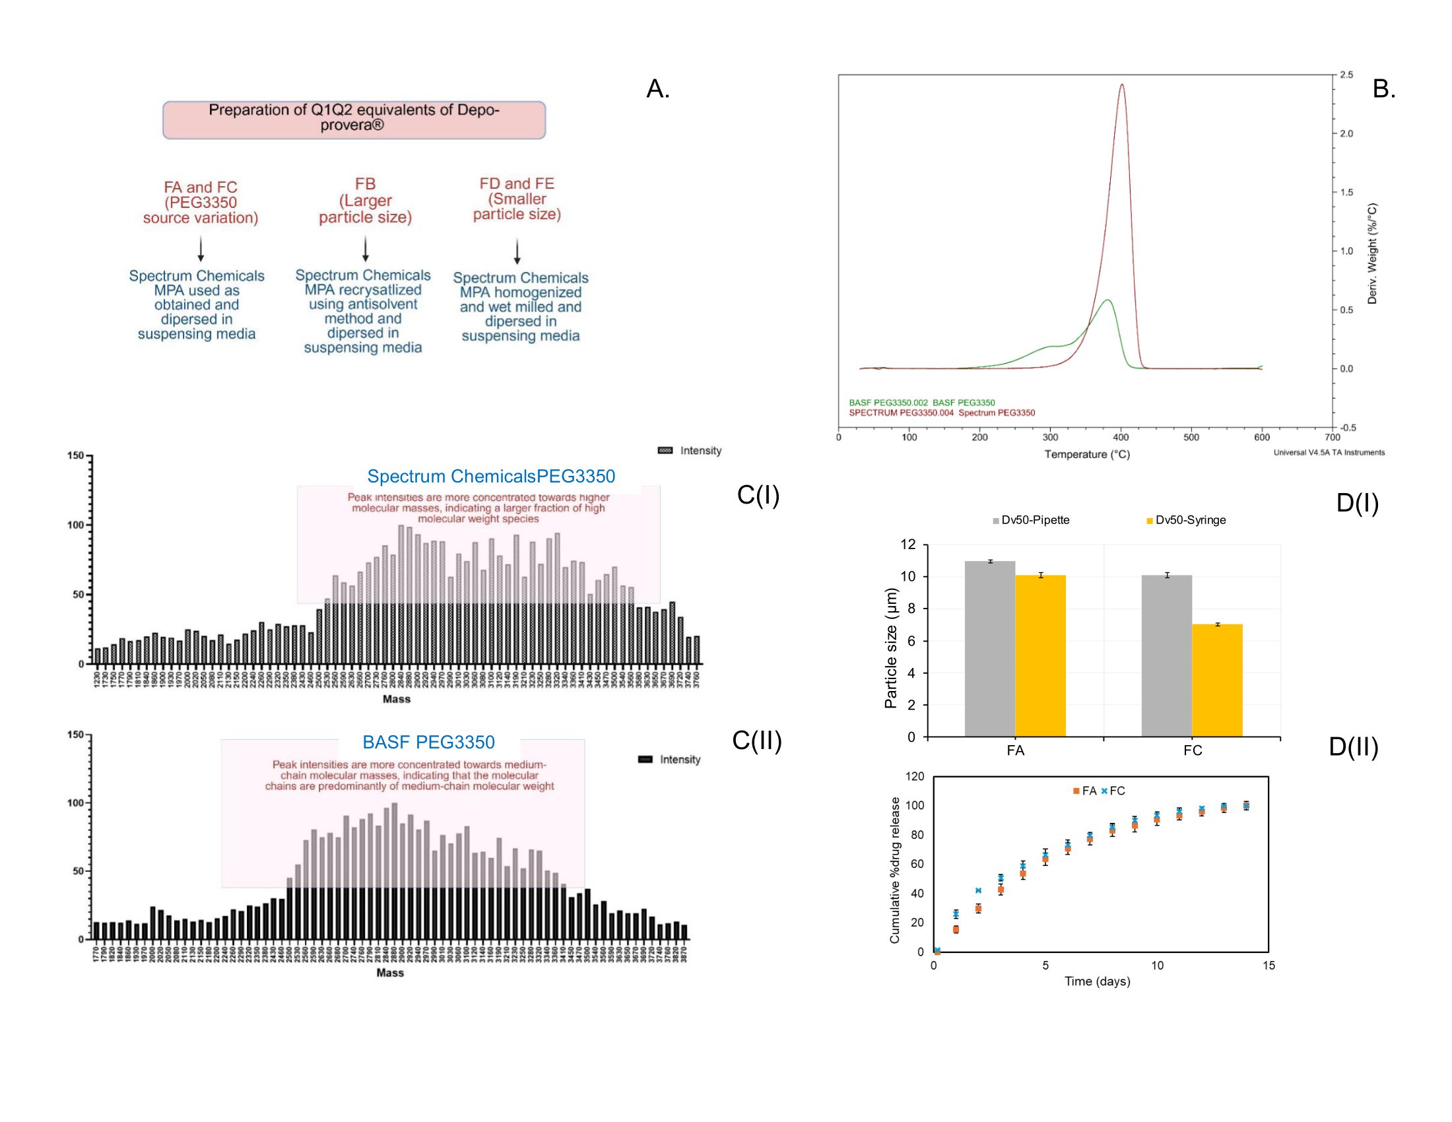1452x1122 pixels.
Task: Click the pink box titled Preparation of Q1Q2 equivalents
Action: (354, 119)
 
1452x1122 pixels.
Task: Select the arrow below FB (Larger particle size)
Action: (365, 249)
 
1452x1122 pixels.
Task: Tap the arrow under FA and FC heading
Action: (200, 249)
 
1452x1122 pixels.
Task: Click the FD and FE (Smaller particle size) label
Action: (517, 199)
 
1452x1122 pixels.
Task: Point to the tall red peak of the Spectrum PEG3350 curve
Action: (1122, 86)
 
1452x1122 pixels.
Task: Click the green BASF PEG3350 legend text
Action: (921, 403)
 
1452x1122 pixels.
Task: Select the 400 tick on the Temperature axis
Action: (1121, 438)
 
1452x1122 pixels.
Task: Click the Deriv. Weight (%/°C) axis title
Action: (1372, 253)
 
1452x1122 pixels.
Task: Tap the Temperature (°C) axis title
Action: (1087, 455)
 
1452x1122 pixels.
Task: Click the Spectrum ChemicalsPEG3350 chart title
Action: (490, 477)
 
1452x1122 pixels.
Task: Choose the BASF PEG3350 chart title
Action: (428, 742)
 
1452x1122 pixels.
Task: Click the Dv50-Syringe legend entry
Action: (1186, 521)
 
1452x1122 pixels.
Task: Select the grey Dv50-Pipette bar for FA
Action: (990, 648)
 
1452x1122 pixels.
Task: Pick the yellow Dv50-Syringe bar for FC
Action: (1216, 680)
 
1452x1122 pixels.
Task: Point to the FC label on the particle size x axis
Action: (1193, 750)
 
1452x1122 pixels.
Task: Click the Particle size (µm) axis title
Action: (891, 648)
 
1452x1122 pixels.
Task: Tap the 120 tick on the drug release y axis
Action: (915, 776)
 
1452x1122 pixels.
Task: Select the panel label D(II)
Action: (1353, 748)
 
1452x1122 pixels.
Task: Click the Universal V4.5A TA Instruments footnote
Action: (1329, 453)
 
